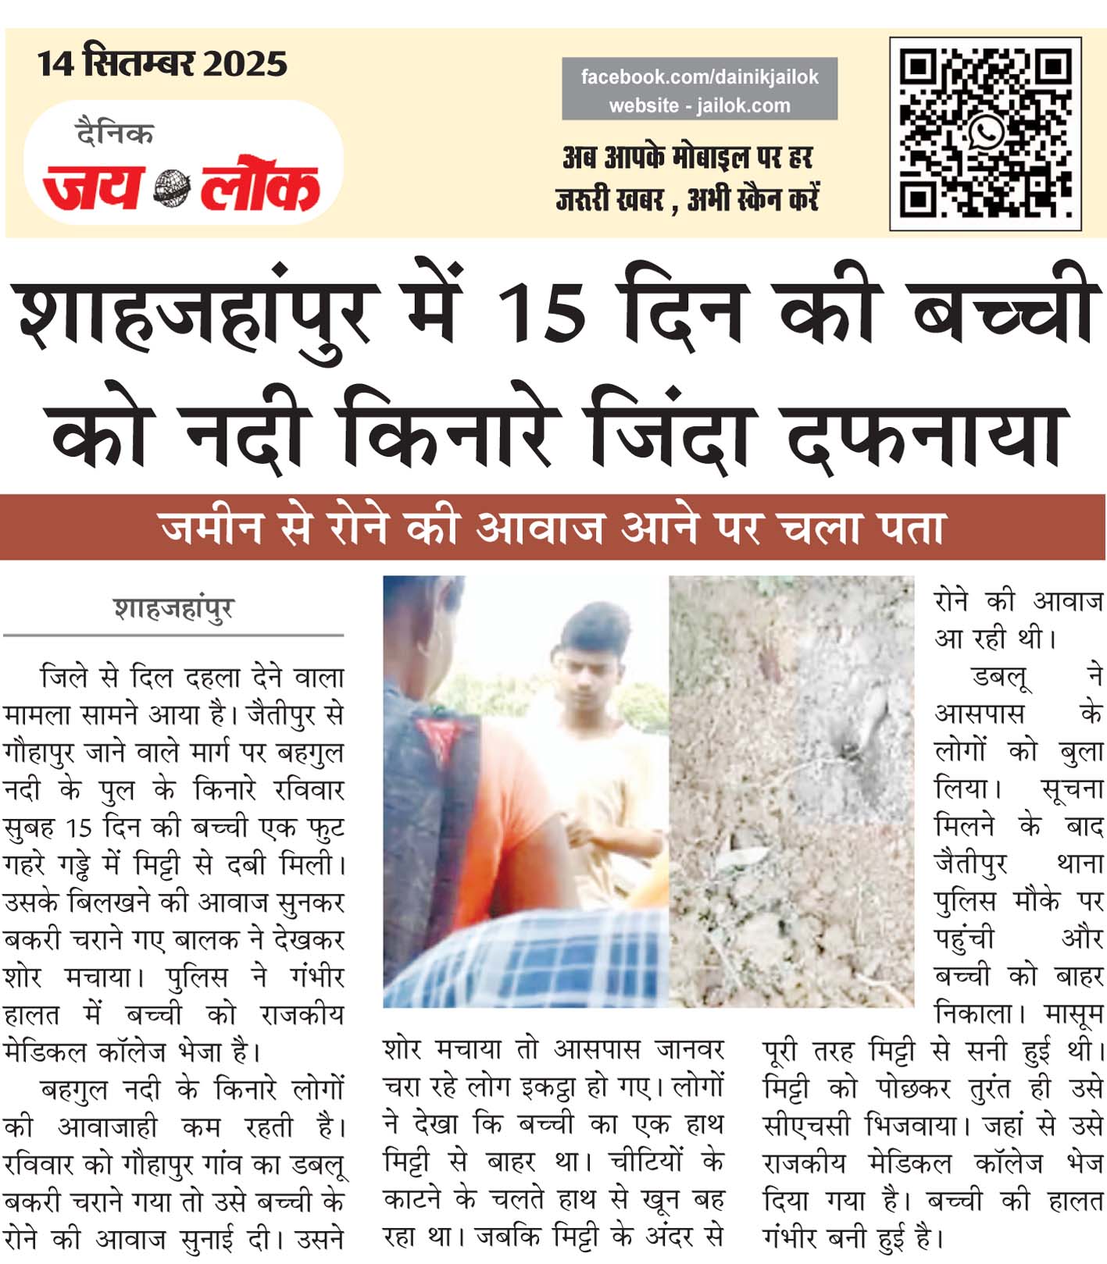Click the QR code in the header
click(x=985, y=133)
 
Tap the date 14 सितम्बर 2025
click(x=162, y=63)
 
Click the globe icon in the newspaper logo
click(x=171, y=188)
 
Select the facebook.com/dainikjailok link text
click(x=699, y=77)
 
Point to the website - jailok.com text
click(x=699, y=105)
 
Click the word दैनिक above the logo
click(x=115, y=134)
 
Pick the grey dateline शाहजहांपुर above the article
click(x=173, y=609)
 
